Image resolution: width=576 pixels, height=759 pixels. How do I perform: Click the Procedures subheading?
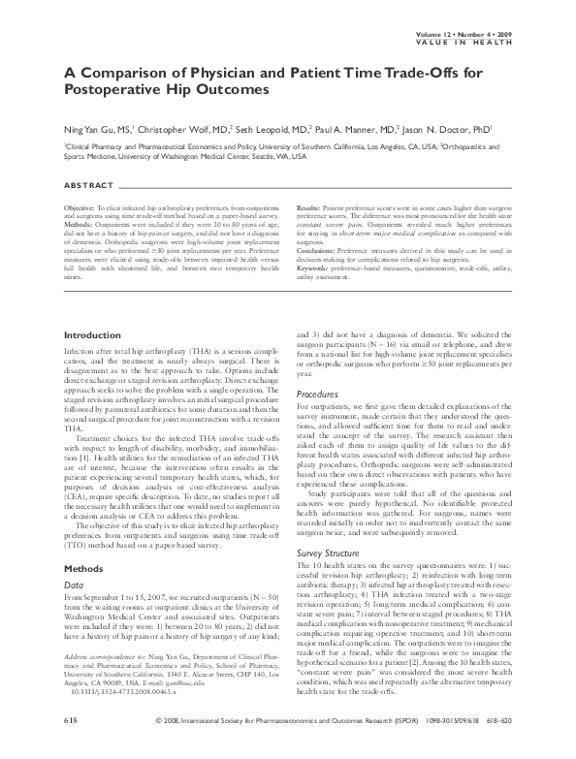[316, 395]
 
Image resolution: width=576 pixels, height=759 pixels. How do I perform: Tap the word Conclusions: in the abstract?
[315, 247]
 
